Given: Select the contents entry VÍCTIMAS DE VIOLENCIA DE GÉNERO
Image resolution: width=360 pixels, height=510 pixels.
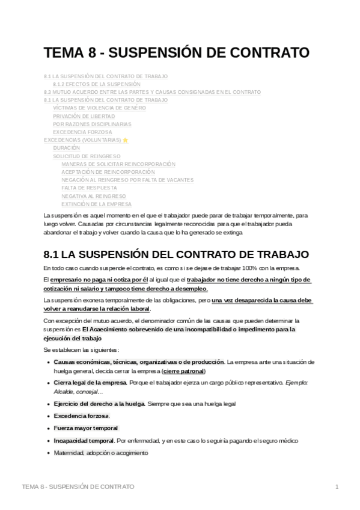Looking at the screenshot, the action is pos(99,108).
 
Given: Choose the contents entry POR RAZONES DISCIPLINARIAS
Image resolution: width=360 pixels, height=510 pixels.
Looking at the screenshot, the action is pos(92,124).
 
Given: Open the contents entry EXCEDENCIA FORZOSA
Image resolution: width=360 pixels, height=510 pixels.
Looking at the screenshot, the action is pos(82,132).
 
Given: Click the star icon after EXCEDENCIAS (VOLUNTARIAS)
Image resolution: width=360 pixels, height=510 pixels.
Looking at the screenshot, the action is pos(125,140).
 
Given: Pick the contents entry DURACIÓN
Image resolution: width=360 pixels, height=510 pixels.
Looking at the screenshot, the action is pos(66,148).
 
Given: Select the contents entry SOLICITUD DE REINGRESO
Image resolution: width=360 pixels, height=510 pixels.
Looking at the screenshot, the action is pos(87,156).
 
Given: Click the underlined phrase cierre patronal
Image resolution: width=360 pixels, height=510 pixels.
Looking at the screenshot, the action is pos(184,371).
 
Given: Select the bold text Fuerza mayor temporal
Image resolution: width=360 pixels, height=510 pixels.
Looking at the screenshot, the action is pos(86,428).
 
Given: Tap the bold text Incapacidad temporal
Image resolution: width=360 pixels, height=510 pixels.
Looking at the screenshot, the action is pos(84,441).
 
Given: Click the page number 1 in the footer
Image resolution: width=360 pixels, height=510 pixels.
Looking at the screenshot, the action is pos(337,486).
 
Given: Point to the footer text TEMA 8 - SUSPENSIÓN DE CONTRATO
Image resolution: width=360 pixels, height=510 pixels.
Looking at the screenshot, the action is pos(78,486).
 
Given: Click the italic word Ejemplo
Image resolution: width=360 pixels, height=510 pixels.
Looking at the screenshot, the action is pos(296,383).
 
